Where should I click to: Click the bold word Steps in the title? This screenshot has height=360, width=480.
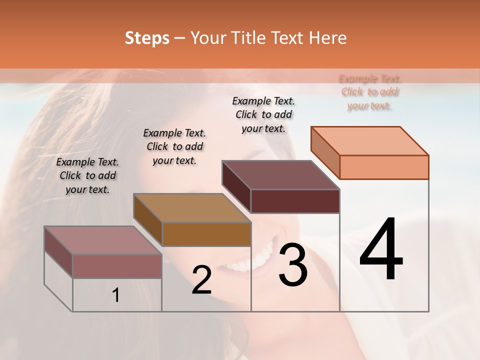147,38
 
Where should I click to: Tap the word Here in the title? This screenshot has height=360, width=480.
327,38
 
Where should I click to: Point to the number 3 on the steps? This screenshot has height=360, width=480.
293,265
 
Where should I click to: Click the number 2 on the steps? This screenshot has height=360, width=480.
201,280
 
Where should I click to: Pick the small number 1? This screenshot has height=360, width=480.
116,295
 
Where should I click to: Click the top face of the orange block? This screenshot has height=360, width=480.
370,140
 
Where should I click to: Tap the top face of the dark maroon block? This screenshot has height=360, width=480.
281,175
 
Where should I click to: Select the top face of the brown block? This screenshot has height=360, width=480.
192,208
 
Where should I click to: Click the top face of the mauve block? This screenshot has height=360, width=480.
103,240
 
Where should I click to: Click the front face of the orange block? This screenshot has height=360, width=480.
384,167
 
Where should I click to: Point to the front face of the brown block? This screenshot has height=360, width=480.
206,234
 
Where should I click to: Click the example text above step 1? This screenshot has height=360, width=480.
87,175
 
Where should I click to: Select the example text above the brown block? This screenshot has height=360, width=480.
174,146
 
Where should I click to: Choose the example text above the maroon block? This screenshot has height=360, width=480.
263,114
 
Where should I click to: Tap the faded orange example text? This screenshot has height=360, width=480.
370,92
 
